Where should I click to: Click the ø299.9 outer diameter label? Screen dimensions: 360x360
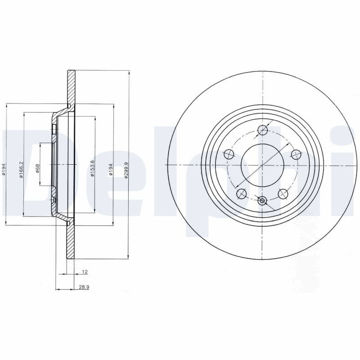tap(126, 170)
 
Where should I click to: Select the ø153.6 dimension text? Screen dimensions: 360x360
tap(92, 168)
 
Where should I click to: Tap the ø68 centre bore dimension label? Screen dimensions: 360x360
tap(38, 168)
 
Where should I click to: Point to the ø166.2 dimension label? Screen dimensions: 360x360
tap(21, 170)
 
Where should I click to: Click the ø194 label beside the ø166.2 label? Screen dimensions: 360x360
tap(4, 170)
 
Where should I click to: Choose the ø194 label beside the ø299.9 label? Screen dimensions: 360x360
tap(111, 170)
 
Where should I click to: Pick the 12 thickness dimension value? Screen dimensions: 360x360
tap(85, 272)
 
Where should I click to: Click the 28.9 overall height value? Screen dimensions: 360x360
tap(84, 287)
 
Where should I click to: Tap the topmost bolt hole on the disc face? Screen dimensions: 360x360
tap(263, 130)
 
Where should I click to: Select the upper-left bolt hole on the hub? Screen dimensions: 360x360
tap(229, 154)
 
